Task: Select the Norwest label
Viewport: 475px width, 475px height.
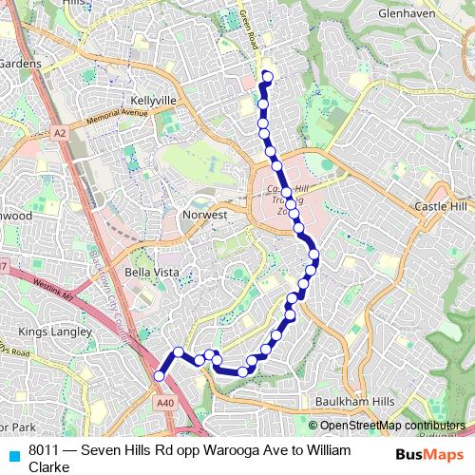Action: (204, 216)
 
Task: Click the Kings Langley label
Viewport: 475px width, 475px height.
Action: (55, 332)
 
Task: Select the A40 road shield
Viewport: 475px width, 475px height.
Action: (165, 402)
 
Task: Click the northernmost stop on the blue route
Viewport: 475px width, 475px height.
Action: (267, 77)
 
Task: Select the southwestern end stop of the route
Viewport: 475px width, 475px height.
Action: (160, 376)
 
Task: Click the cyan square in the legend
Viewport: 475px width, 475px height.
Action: (11, 452)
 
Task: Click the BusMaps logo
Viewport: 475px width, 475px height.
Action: (427, 455)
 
